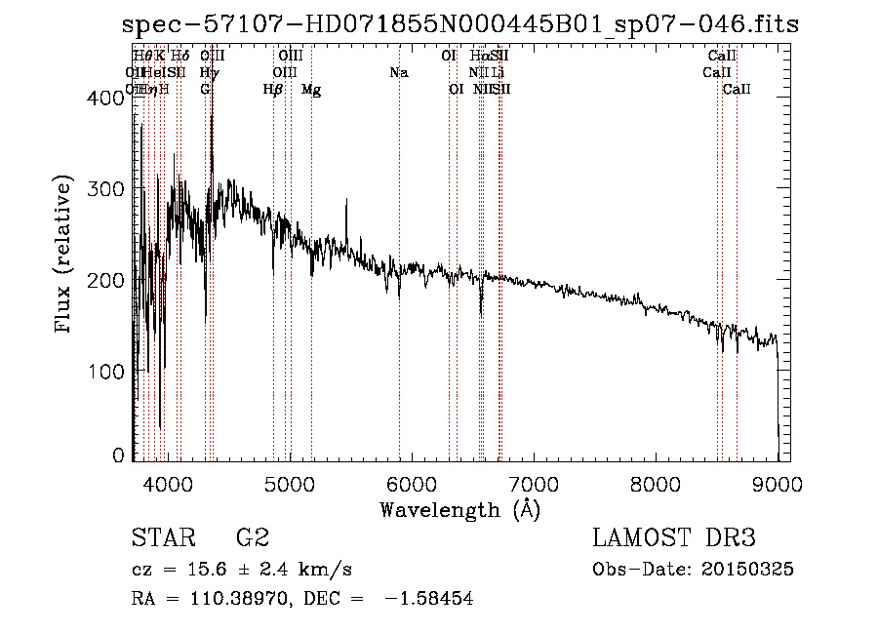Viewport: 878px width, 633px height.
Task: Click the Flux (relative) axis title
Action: pos(65,256)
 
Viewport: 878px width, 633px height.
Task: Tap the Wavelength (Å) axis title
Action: pos(459,509)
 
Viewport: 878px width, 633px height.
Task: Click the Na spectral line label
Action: pos(398,73)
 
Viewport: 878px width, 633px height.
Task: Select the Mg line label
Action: pos(311,90)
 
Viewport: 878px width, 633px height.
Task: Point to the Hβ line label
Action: pos(273,90)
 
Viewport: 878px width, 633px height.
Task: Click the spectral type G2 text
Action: pos(253,538)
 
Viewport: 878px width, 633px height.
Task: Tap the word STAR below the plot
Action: pos(160,538)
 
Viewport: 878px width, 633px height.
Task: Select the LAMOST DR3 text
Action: pos(674,538)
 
